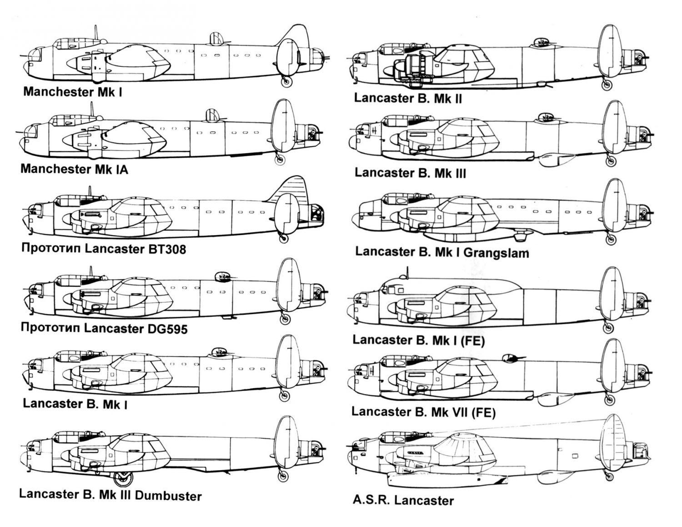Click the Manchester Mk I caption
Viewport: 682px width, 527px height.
(x=72, y=92)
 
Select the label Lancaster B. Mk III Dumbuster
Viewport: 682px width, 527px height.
(x=110, y=495)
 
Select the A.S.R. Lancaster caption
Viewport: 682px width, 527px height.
(x=403, y=501)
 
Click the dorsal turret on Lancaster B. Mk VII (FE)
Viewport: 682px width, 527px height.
(x=510, y=358)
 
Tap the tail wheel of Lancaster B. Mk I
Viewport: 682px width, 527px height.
(x=284, y=395)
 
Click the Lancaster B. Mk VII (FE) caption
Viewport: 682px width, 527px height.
(x=423, y=412)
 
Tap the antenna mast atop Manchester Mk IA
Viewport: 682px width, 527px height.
(x=92, y=110)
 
